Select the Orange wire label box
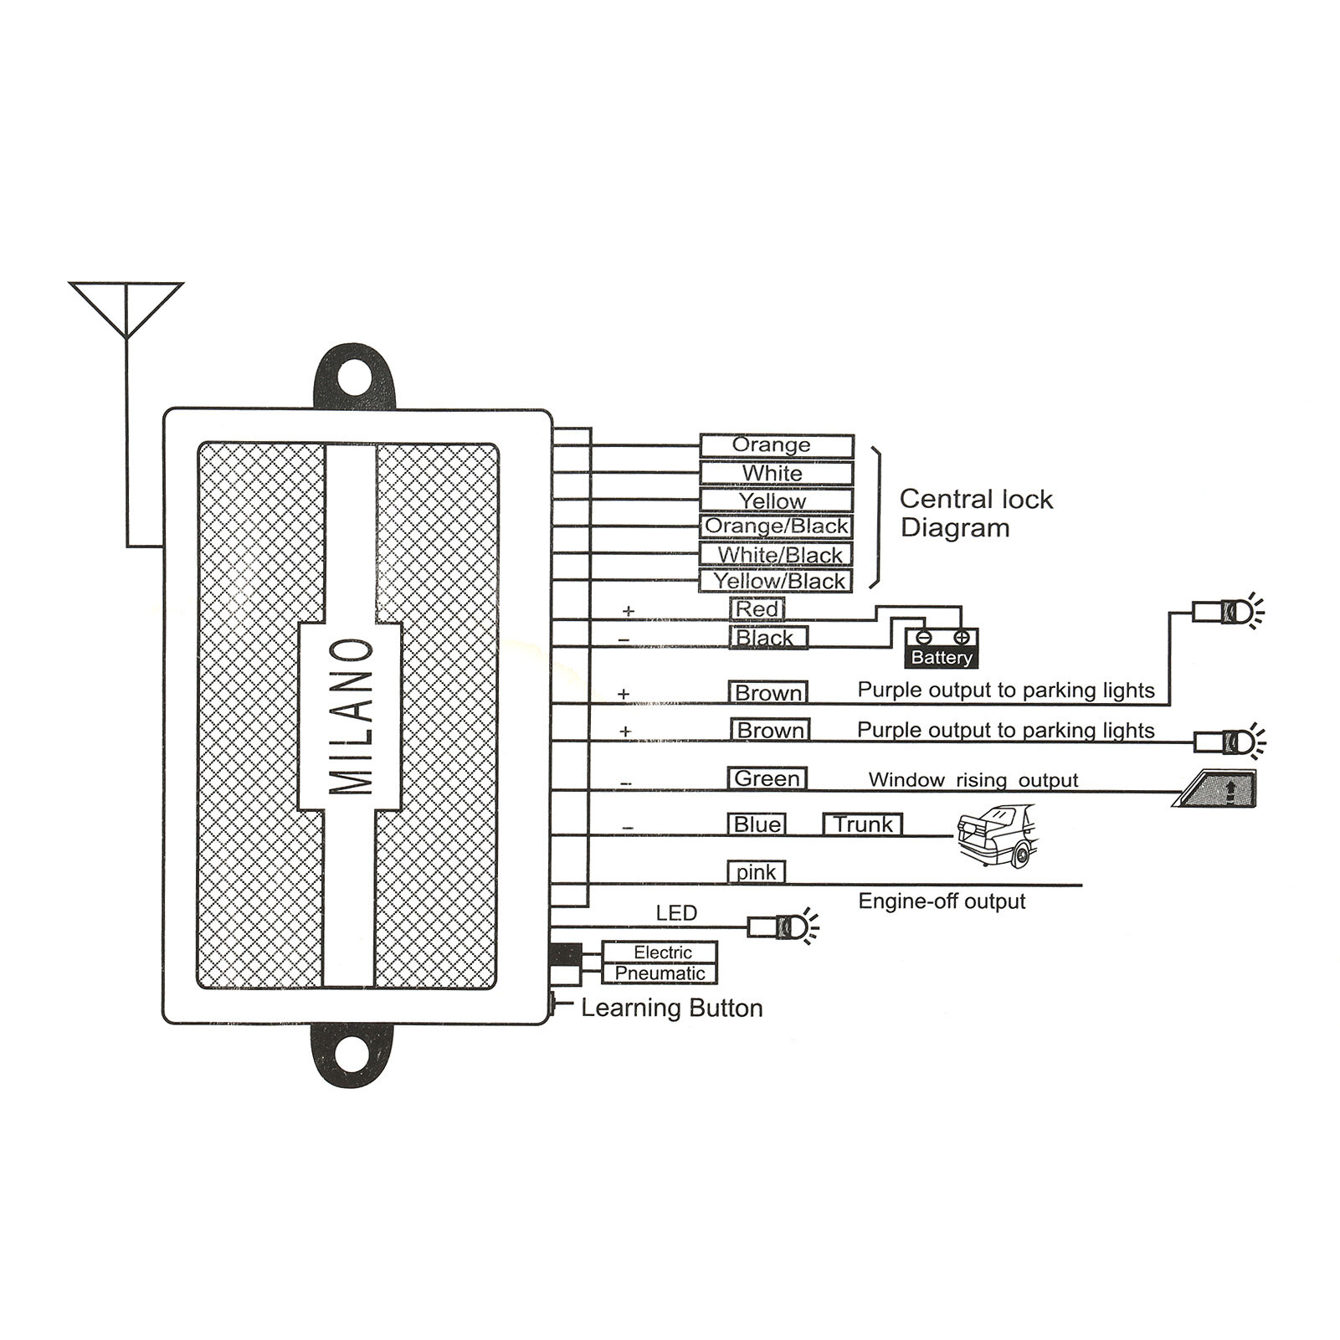point(776,445)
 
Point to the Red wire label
point(757,609)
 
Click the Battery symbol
point(942,649)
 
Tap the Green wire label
point(767,778)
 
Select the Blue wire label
point(757,824)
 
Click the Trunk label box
point(863,824)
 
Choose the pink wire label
point(756,872)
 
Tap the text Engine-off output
point(942,901)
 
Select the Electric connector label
point(661,952)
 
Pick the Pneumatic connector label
point(660,973)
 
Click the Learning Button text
point(671,1008)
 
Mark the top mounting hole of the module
point(355,377)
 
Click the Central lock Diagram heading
point(975,513)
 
